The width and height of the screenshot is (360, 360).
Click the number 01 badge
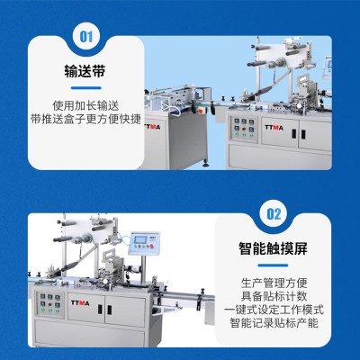(86, 37)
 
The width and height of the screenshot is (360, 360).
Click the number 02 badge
(274, 214)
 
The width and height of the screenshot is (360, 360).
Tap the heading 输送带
(85, 71)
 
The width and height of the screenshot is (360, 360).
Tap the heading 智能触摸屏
(274, 248)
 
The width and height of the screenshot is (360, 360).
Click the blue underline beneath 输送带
(86, 88)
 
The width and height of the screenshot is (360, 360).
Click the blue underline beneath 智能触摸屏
(273, 265)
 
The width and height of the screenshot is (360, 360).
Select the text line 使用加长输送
(86, 105)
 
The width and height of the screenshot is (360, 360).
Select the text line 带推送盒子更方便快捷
(86, 119)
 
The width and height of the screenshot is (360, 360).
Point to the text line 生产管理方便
(274, 283)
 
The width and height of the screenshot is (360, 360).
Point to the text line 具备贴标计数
(274, 296)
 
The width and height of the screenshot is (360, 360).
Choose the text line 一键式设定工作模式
(274, 310)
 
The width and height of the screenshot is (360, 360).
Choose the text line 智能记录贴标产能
(274, 323)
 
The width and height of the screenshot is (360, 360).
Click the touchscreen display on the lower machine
(141, 239)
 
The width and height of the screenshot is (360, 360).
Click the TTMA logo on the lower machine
(80, 303)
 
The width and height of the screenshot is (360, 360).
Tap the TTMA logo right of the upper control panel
(274, 128)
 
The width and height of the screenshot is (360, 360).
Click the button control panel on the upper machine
(244, 129)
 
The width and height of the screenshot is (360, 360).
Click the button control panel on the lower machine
(49, 304)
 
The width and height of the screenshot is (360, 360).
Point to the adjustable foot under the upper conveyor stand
(206, 164)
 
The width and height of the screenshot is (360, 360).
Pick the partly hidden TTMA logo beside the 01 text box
(152, 127)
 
